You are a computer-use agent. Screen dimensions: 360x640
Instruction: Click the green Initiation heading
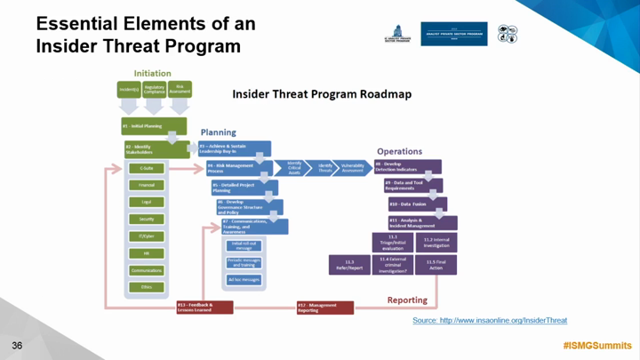pyautogui.click(x=152, y=73)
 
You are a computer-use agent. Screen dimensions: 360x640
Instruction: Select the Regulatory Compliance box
pyautogui.click(x=154, y=90)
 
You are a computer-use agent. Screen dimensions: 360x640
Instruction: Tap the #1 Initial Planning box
pyautogui.click(x=153, y=125)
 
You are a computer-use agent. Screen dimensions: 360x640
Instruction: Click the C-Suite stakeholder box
pyautogui.click(x=146, y=168)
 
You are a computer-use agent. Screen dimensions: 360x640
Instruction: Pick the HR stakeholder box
pyautogui.click(x=146, y=253)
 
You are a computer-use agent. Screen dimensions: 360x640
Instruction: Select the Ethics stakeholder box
pyautogui.click(x=146, y=287)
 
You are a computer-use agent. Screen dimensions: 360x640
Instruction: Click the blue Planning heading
pyautogui.click(x=218, y=132)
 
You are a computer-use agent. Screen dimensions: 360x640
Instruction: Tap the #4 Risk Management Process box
pyautogui.click(x=234, y=166)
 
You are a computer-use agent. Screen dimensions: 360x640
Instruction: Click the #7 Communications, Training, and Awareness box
pyautogui.click(x=252, y=226)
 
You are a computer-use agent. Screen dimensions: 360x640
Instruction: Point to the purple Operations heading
pyautogui.click(x=399, y=152)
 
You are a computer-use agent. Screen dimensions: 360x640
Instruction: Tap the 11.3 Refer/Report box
pyautogui.click(x=349, y=262)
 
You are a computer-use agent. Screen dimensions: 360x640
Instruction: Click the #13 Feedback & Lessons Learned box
pyautogui.click(x=204, y=307)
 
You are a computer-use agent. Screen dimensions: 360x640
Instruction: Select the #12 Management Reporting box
pyautogui.click(x=324, y=307)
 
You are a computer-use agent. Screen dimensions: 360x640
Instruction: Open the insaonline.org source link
pyautogui.click(x=490, y=320)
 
